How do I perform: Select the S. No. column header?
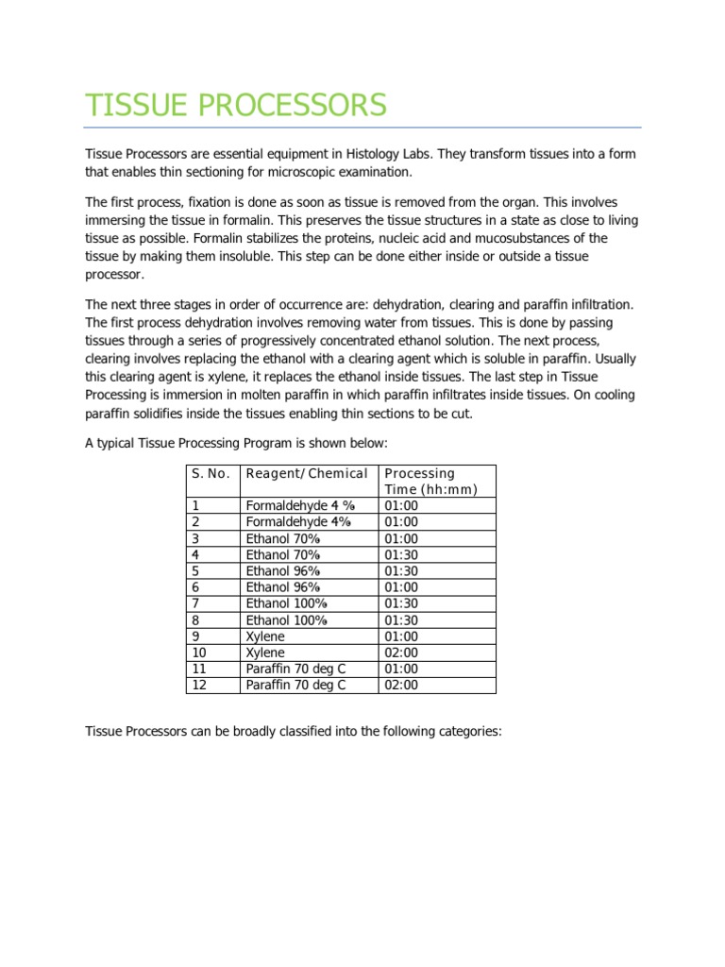(211, 473)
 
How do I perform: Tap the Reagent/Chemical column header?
(306, 473)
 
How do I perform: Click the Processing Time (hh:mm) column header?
(430, 481)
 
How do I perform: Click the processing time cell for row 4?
(401, 554)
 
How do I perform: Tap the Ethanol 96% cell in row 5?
(283, 570)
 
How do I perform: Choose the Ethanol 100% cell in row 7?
(286, 603)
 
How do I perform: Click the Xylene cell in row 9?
(265, 636)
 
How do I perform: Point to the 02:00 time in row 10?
(401, 653)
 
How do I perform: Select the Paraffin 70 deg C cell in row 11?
(295, 669)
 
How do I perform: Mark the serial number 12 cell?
(199, 685)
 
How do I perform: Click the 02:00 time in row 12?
(401, 685)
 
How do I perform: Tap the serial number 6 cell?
(195, 587)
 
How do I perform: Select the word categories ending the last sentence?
(468, 731)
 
